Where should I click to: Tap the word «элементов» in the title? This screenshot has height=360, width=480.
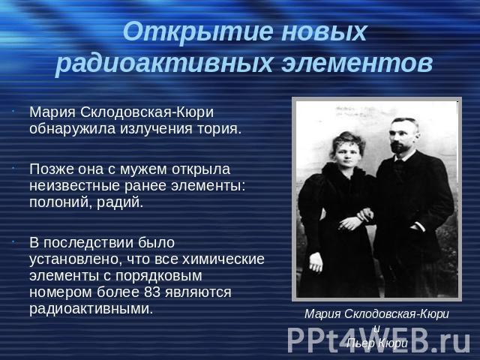pos(357,64)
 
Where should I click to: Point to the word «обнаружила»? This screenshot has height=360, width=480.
pos(72,129)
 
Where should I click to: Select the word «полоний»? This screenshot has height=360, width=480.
pos(61,202)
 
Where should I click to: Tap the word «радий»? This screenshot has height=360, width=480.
pos(120,202)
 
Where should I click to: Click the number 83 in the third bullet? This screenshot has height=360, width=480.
pos(152,292)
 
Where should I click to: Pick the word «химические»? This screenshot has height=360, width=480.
pos(223,259)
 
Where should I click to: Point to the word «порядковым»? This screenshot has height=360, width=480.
pos(158,276)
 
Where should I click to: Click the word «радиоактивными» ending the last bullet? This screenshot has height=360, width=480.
pos(91,308)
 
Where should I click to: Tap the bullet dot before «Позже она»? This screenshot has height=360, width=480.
pos(13,169)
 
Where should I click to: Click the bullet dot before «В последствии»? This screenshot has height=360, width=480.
pos(13,242)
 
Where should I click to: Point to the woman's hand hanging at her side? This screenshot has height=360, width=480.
pos(316,263)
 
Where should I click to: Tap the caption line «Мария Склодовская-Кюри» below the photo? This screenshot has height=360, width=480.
pos(376,314)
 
